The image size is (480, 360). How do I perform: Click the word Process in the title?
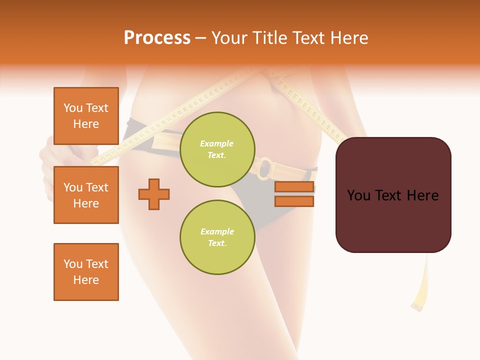(x=157, y=38)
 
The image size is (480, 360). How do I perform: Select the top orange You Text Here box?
(x=86, y=116)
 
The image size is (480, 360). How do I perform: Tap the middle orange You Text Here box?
(x=86, y=195)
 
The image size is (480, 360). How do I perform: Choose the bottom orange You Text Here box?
(x=86, y=272)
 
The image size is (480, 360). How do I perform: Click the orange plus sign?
(x=154, y=194)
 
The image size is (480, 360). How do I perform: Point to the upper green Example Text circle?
(x=217, y=149)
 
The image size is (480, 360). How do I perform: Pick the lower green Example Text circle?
(x=217, y=237)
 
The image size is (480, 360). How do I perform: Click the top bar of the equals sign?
(x=294, y=187)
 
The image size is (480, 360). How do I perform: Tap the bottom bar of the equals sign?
(x=294, y=201)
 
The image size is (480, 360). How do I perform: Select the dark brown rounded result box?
(x=393, y=195)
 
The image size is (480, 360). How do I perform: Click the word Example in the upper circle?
(x=217, y=143)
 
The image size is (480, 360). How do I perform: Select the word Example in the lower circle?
(x=217, y=231)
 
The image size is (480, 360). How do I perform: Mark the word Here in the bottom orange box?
(x=86, y=280)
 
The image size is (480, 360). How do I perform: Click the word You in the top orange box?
(x=72, y=108)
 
